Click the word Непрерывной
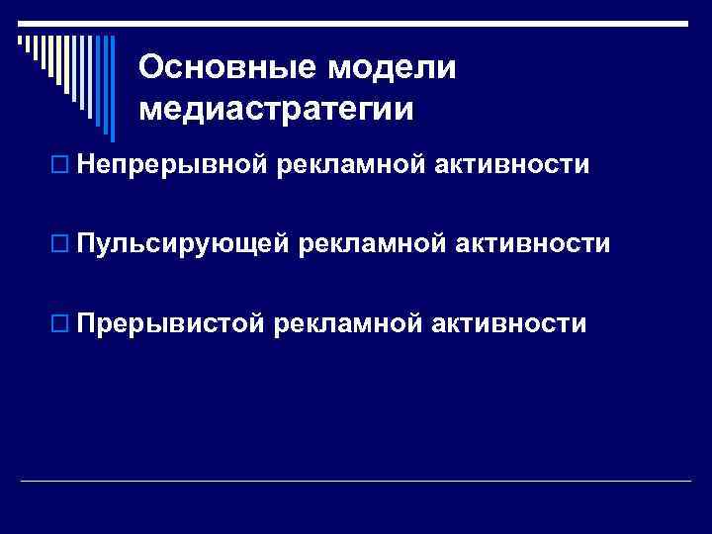169,165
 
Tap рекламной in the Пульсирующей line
375,243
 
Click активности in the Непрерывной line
511,165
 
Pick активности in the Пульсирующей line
533,243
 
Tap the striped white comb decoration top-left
59,59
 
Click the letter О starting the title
151,67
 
